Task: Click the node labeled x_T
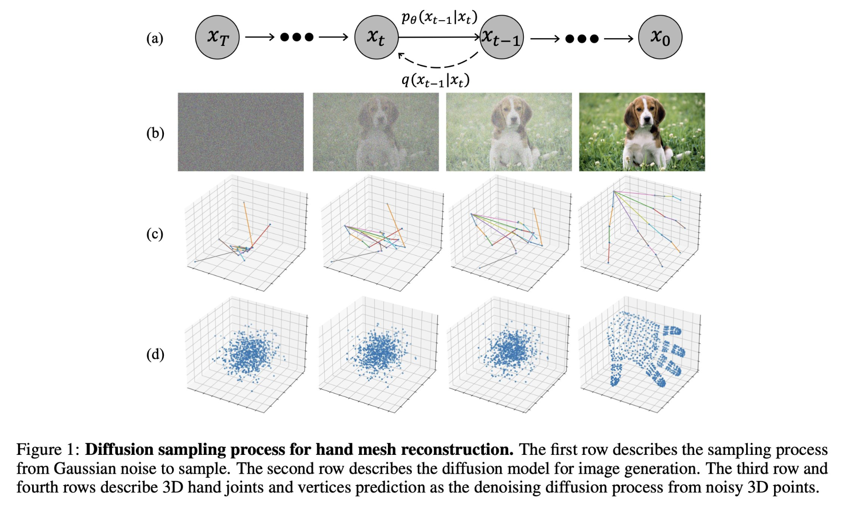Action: pyautogui.click(x=217, y=37)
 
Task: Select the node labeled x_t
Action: pyautogui.click(x=376, y=37)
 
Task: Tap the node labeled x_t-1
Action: pyautogui.click(x=501, y=37)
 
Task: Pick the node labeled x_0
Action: pyautogui.click(x=660, y=37)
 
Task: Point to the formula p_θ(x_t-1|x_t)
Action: pyautogui.click(x=439, y=17)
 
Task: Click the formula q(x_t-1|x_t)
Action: pyautogui.click(x=436, y=80)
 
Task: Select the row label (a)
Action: pyautogui.click(x=155, y=38)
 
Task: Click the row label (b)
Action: pyautogui.click(x=155, y=133)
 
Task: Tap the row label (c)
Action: pyautogui.click(x=155, y=234)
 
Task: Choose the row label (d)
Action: pyautogui.click(x=155, y=354)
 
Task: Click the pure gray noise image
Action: pyautogui.click(x=241, y=132)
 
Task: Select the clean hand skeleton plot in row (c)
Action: pyautogui.click(x=641, y=232)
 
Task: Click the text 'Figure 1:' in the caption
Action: pyautogui.click(x=48, y=449)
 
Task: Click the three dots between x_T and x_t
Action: pyautogui.click(x=297, y=37)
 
